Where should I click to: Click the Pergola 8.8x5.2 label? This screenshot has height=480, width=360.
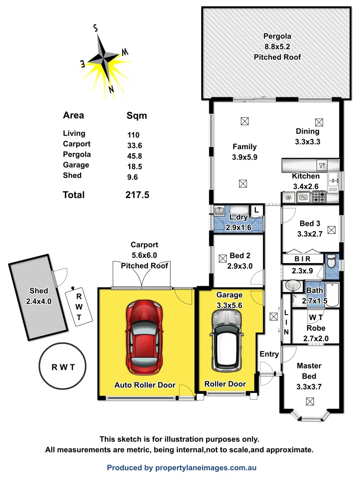[x=277, y=46]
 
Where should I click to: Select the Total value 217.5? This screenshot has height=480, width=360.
[x=138, y=195]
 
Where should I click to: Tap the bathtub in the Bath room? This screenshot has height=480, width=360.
[x=332, y=294]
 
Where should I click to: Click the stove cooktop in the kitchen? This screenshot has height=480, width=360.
[x=319, y=197]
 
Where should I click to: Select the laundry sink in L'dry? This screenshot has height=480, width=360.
[x=219, y=210]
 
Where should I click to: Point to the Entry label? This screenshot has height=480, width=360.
[x=269, y=354]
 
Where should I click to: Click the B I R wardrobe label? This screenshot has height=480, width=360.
[x=302, y=259]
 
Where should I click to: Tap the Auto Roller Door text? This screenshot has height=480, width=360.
[x=145, y=385]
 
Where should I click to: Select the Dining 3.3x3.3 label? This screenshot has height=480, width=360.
[x=308, y=137]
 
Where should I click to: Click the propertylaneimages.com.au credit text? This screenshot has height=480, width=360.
[x=182, y=468]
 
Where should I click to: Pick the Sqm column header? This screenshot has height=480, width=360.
[x=137, y=116]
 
